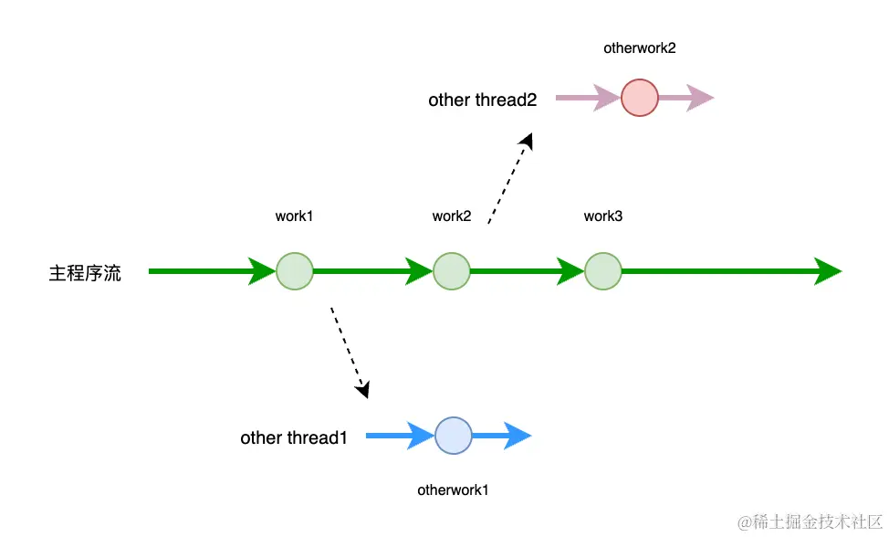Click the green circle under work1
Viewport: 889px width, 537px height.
tap(295, 271)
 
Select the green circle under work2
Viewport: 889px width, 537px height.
tap(452, 271)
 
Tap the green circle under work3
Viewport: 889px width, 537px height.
tap(603, 271)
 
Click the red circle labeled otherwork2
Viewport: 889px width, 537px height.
tap(640, 98)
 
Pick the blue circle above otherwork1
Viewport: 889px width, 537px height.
tap(454, 436)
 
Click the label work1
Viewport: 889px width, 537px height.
tap(294, 216)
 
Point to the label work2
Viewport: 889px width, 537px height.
tap(452, 216)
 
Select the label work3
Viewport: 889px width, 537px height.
tap(603, 216)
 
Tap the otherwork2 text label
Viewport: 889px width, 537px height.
tap(640, 47)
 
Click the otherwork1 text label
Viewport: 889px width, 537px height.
tap(454, 490)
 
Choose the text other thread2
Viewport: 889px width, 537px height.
tap(483, 100)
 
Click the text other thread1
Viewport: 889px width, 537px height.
tap(294, 438)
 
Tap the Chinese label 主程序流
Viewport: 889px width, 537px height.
tap(85, 273)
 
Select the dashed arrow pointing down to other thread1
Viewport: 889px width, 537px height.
tap(349, 351)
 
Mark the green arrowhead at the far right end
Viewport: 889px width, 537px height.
tap(827, 271)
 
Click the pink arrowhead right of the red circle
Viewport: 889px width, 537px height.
tap(700, 98)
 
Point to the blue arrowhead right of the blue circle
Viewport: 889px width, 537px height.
tap(518, 436)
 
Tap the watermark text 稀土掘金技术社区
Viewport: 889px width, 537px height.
tap(809, 521)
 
